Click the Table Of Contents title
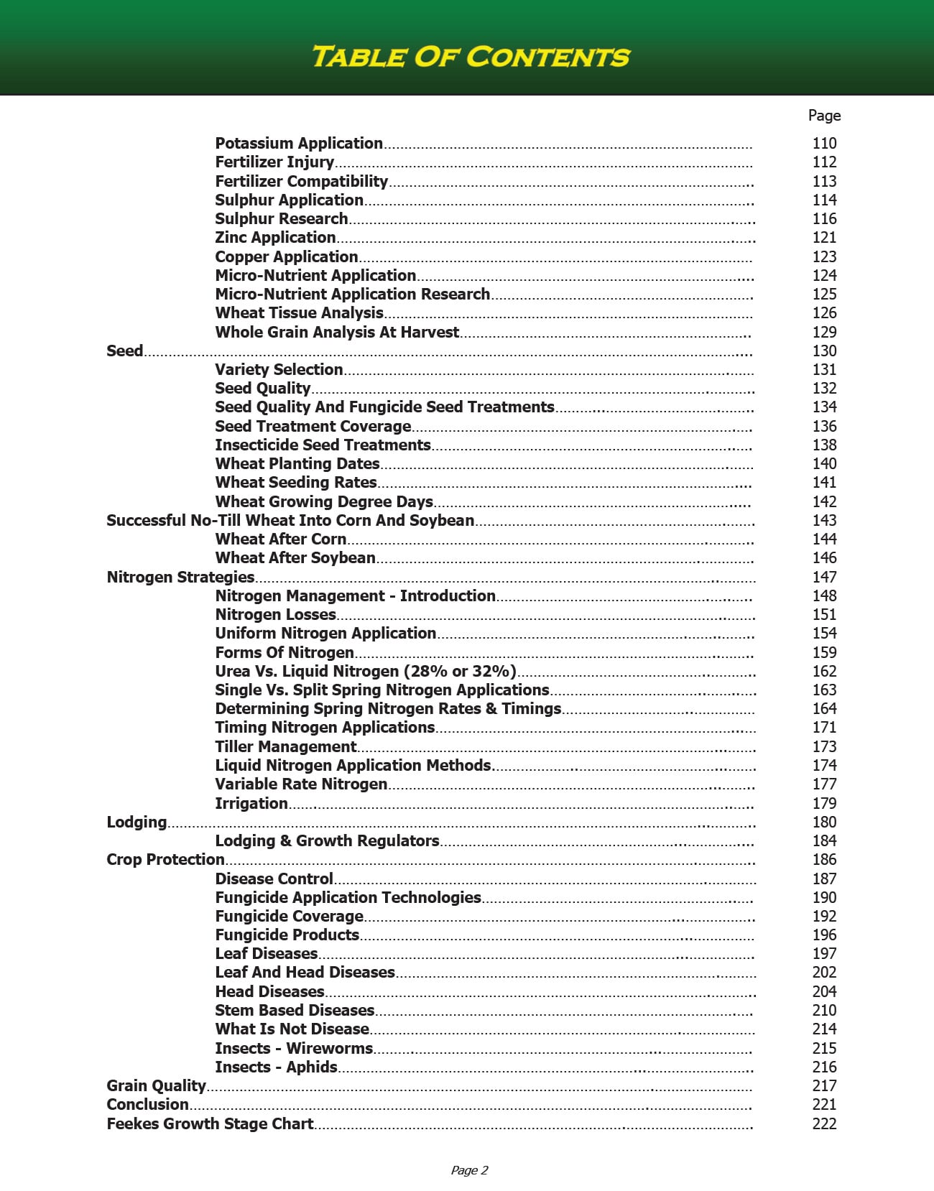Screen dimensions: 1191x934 (471, 57)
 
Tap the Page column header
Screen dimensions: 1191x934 (824, 116)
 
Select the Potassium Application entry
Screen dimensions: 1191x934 (299, 143)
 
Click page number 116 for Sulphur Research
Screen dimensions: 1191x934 (824, 218)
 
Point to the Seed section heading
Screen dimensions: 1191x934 (125, 351)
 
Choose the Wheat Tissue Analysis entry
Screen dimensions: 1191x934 (299, 312)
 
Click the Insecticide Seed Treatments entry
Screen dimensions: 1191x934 (323, 445)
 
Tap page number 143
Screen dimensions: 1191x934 (824, 520)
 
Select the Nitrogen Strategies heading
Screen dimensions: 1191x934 (180, 577)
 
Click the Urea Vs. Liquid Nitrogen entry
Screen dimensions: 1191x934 (365, 671)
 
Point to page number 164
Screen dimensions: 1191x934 (824, 708)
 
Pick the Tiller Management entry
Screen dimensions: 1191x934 (285, 746)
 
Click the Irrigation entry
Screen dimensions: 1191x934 (251, 803)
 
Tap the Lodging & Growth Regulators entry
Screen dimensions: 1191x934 (327, 840)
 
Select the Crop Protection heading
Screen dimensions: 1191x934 (165, 859)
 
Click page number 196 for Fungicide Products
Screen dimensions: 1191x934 (824, 935)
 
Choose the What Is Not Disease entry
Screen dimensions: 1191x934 (292, 1029)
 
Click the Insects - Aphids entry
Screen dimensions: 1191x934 (276, 1067)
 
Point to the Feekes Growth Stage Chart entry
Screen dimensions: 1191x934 (210, 1123)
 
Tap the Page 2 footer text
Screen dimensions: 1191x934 (469, 1170)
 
